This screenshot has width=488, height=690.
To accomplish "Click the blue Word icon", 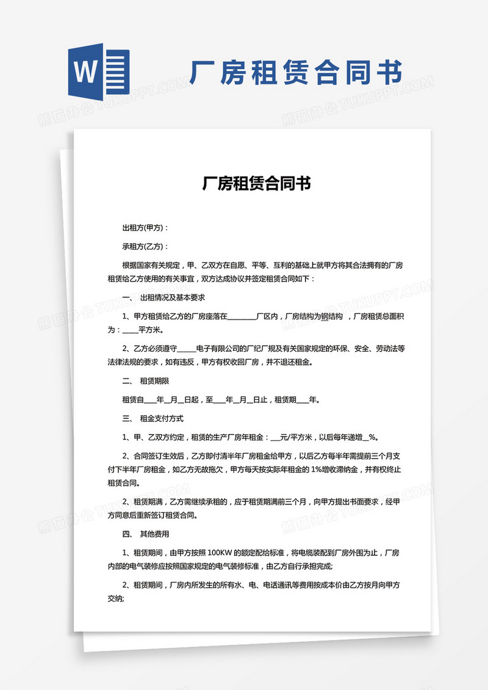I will (99, 73).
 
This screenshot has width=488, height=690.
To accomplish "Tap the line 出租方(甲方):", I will (145, 228).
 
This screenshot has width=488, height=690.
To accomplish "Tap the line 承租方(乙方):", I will (145, 247).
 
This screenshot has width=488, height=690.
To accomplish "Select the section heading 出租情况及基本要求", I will (172, 298).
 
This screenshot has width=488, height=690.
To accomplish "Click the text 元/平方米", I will (295, 437).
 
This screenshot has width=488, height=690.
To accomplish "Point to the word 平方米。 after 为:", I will (151, 330).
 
